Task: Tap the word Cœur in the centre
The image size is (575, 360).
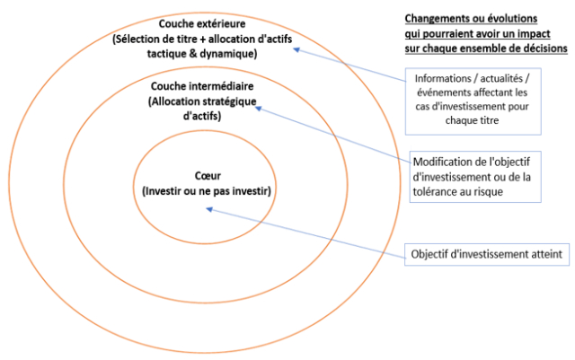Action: point(206,177)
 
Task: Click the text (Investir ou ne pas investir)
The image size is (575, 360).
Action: point(206,191)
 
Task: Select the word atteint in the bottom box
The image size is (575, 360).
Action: point(543,255)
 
